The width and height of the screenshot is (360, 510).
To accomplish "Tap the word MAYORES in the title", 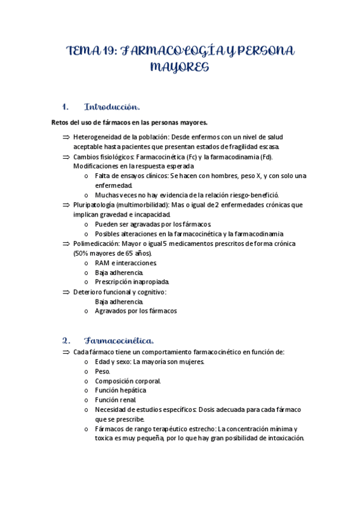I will [x=179, y=68].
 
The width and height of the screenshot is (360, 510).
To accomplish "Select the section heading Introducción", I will [x=112, y=107].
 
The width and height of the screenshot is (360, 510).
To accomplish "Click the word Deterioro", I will [x=89, y=292].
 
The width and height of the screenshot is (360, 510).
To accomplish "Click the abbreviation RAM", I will [x=102, y=263].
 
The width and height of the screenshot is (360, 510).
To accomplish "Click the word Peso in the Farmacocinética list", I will [x=102, y=371].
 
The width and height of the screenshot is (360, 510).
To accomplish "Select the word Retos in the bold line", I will [x=61, y=123].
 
